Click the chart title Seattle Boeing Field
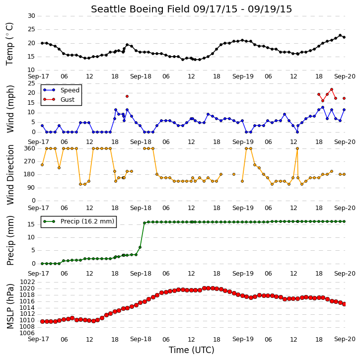(x=141, y=9)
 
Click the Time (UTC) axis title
(x=192, y=350)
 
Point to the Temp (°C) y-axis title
(x=9, y=44)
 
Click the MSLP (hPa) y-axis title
(x=10, y=306)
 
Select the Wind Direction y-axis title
(x=10, y=175)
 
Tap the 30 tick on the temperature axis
(x=31, y=16)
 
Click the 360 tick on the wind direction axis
(x=30, y=148)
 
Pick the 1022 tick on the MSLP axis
(x=27, y=282)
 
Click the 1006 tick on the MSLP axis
(x=27, y=333)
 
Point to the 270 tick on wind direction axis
(x=30, y=161)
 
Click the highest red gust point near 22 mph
(x=332, y=89)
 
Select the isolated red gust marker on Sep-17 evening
(x=127, y=96)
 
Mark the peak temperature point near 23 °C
(x=340, y=36)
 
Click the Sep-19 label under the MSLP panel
(x=243, y=339)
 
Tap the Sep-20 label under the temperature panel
(x=345, y=76)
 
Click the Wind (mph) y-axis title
(x=10, y=109)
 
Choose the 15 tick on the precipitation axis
(x=31, y=224)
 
